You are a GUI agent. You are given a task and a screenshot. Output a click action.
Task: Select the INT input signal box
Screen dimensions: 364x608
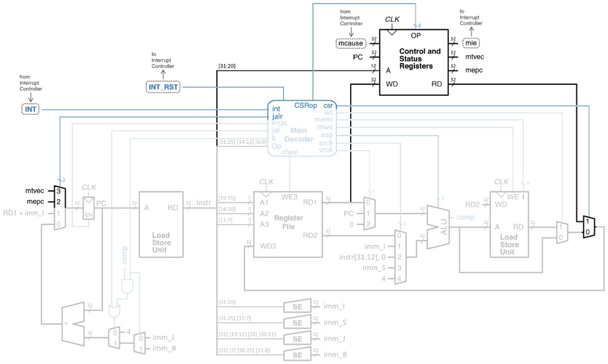pyautogui.click(x=30, y=109)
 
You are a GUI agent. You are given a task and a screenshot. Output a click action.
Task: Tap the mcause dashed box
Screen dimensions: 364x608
pyautogui.click(x=351, y=44)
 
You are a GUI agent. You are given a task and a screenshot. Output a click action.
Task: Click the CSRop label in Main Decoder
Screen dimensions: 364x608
pyautogui.click(x=305, y=105)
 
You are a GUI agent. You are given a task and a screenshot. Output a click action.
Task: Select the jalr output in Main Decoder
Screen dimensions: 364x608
pyautogui.click(x=278, y=116)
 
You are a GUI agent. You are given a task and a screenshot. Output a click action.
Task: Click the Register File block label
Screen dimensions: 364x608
pyautogui.click(x=288, y=223)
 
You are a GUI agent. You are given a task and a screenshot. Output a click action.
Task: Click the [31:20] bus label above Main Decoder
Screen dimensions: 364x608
pyautogui.click(x=226, y=66)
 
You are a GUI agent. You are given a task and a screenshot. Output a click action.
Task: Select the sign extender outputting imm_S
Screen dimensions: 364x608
pyautogui.click(x=297, y=323)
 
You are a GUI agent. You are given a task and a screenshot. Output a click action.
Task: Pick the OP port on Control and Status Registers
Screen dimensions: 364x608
pyautogui.click(x=416, y=35)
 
